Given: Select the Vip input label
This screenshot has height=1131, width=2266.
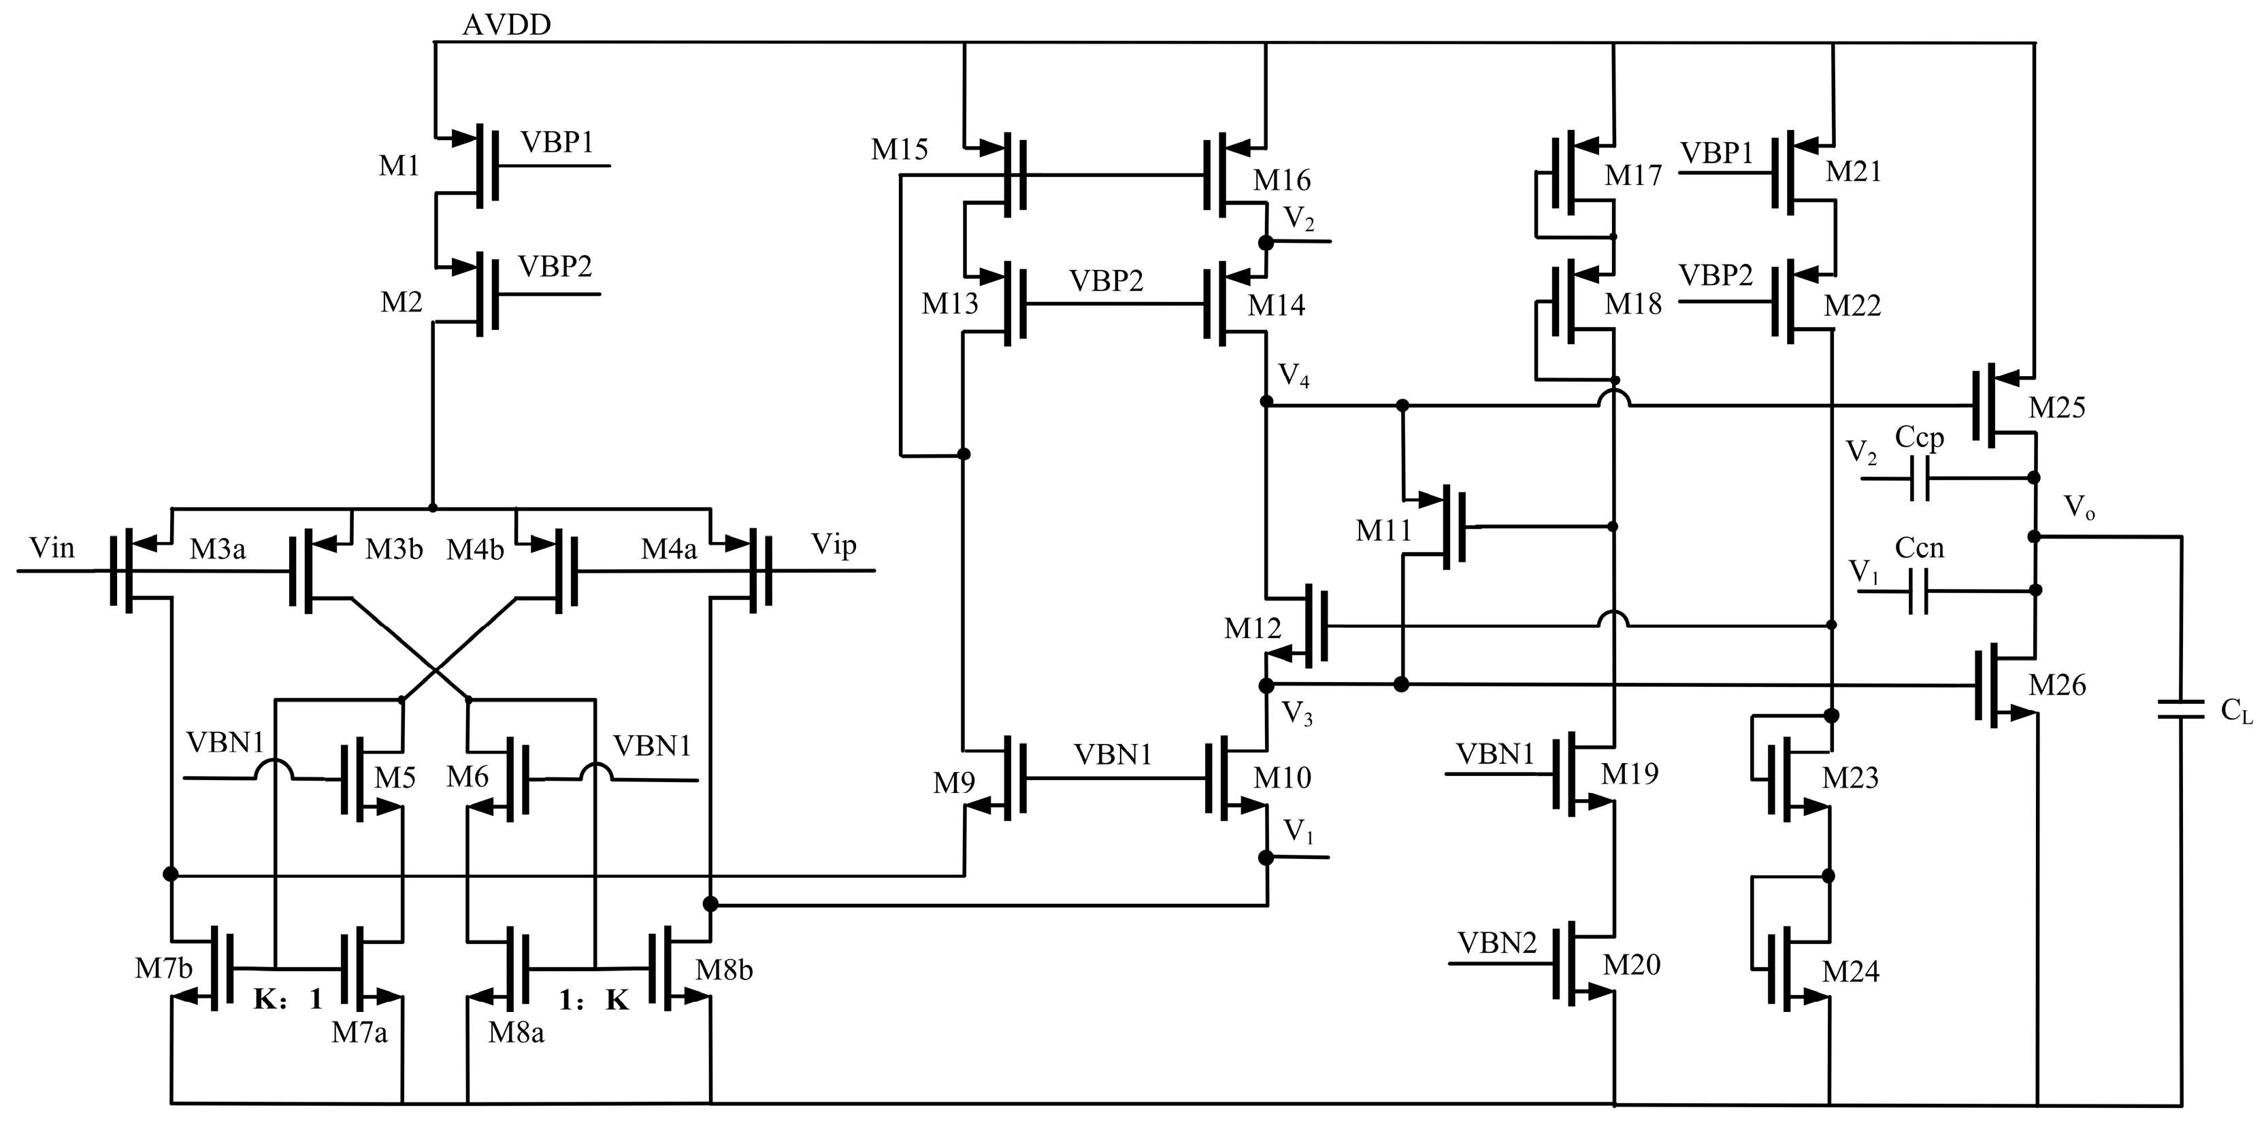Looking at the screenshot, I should coord(833,545).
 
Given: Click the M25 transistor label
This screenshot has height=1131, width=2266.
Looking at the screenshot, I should coord(2056,408).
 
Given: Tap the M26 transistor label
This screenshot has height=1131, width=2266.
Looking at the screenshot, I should coord(2056,685).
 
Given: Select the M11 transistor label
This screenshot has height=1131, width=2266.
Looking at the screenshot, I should coord(1383,531).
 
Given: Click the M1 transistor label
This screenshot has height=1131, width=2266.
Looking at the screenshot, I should coord(399,165).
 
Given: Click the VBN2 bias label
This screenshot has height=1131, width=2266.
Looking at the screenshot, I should coord(1497,944).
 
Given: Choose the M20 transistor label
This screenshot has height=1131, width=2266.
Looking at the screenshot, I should coord(1632,966).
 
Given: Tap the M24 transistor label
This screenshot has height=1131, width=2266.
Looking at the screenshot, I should coord(1850,972).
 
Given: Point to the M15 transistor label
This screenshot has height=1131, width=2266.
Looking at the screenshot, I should coord(899,150).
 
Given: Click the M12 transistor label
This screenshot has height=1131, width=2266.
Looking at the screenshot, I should coord(1253,629).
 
